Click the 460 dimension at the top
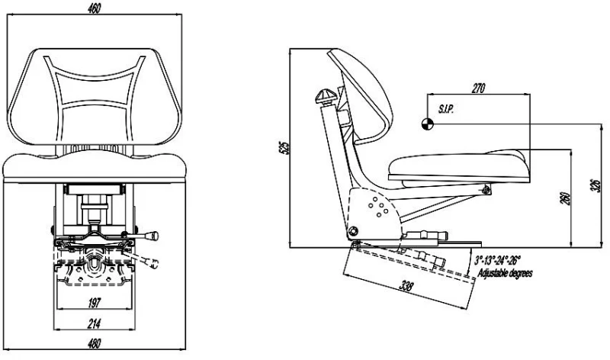[x=95, y=8]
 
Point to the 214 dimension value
[x=94, y=323]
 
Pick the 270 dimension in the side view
[x=479, y=88]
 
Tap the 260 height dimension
[x=562, y=198]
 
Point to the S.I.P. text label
[x=446, y=110]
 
